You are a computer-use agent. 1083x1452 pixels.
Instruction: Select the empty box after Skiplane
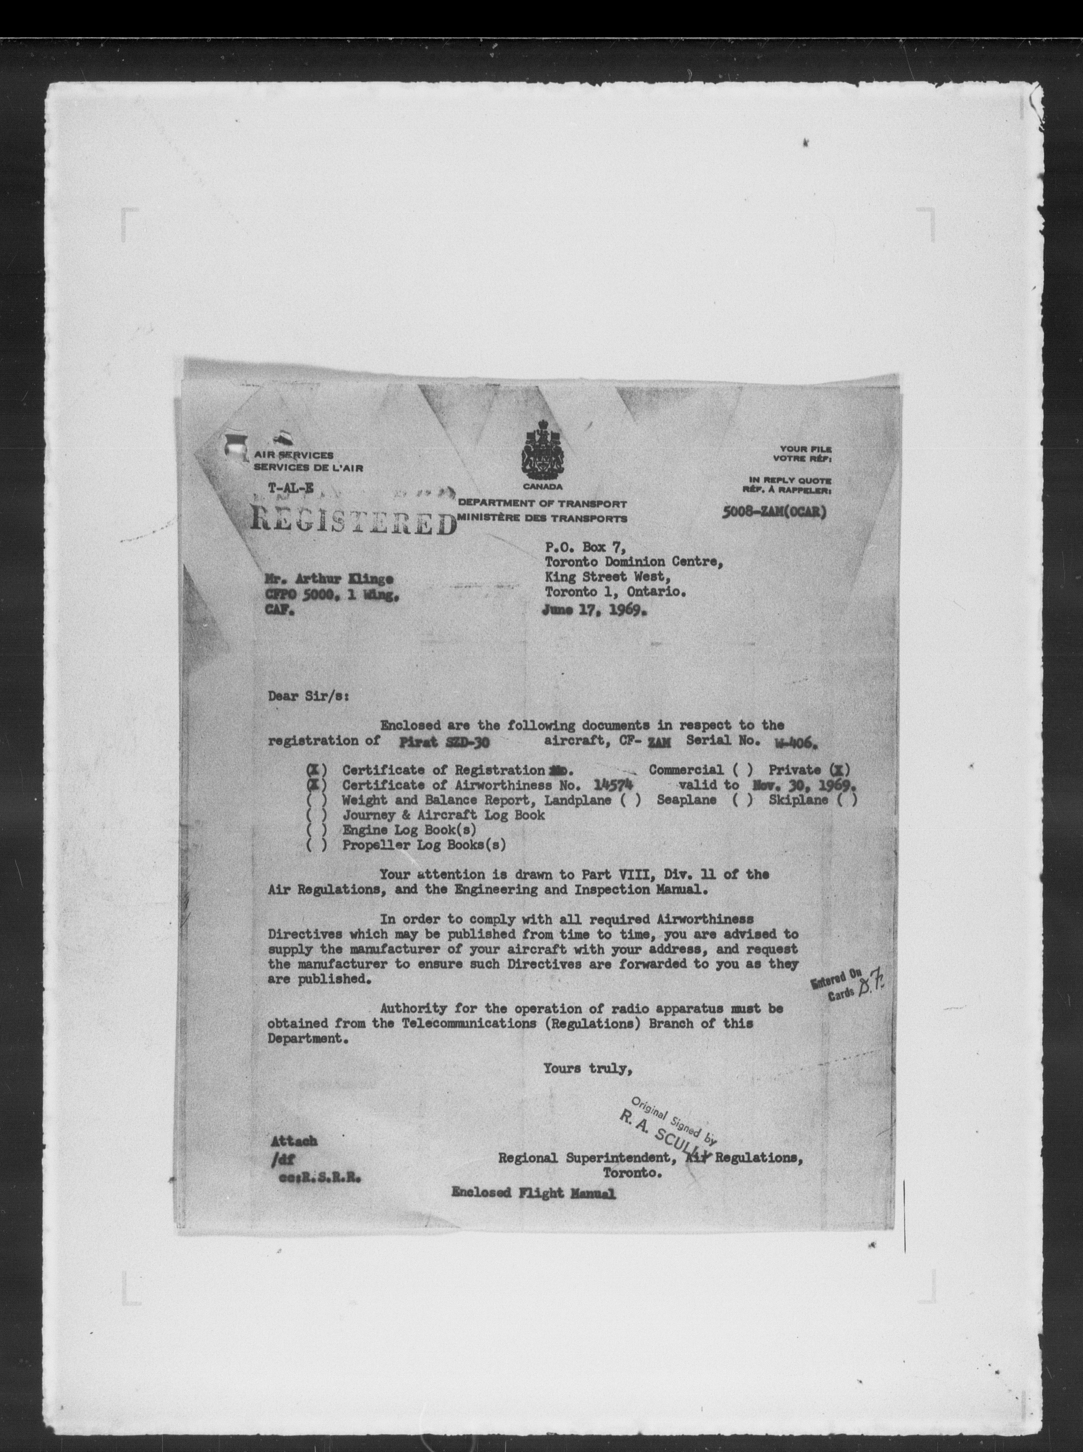(847, 800)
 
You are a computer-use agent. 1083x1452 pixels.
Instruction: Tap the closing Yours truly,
(587, 1069)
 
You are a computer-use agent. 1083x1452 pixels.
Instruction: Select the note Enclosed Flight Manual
(533, 1193)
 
